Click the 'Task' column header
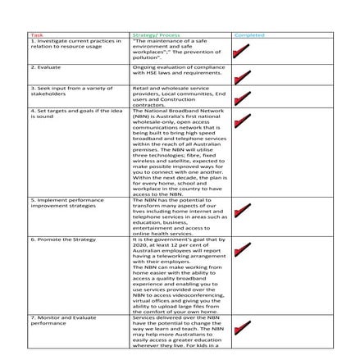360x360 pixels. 37,34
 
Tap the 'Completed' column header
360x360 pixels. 249,34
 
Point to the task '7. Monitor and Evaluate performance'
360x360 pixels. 65,318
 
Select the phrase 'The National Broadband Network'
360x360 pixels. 177,110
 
